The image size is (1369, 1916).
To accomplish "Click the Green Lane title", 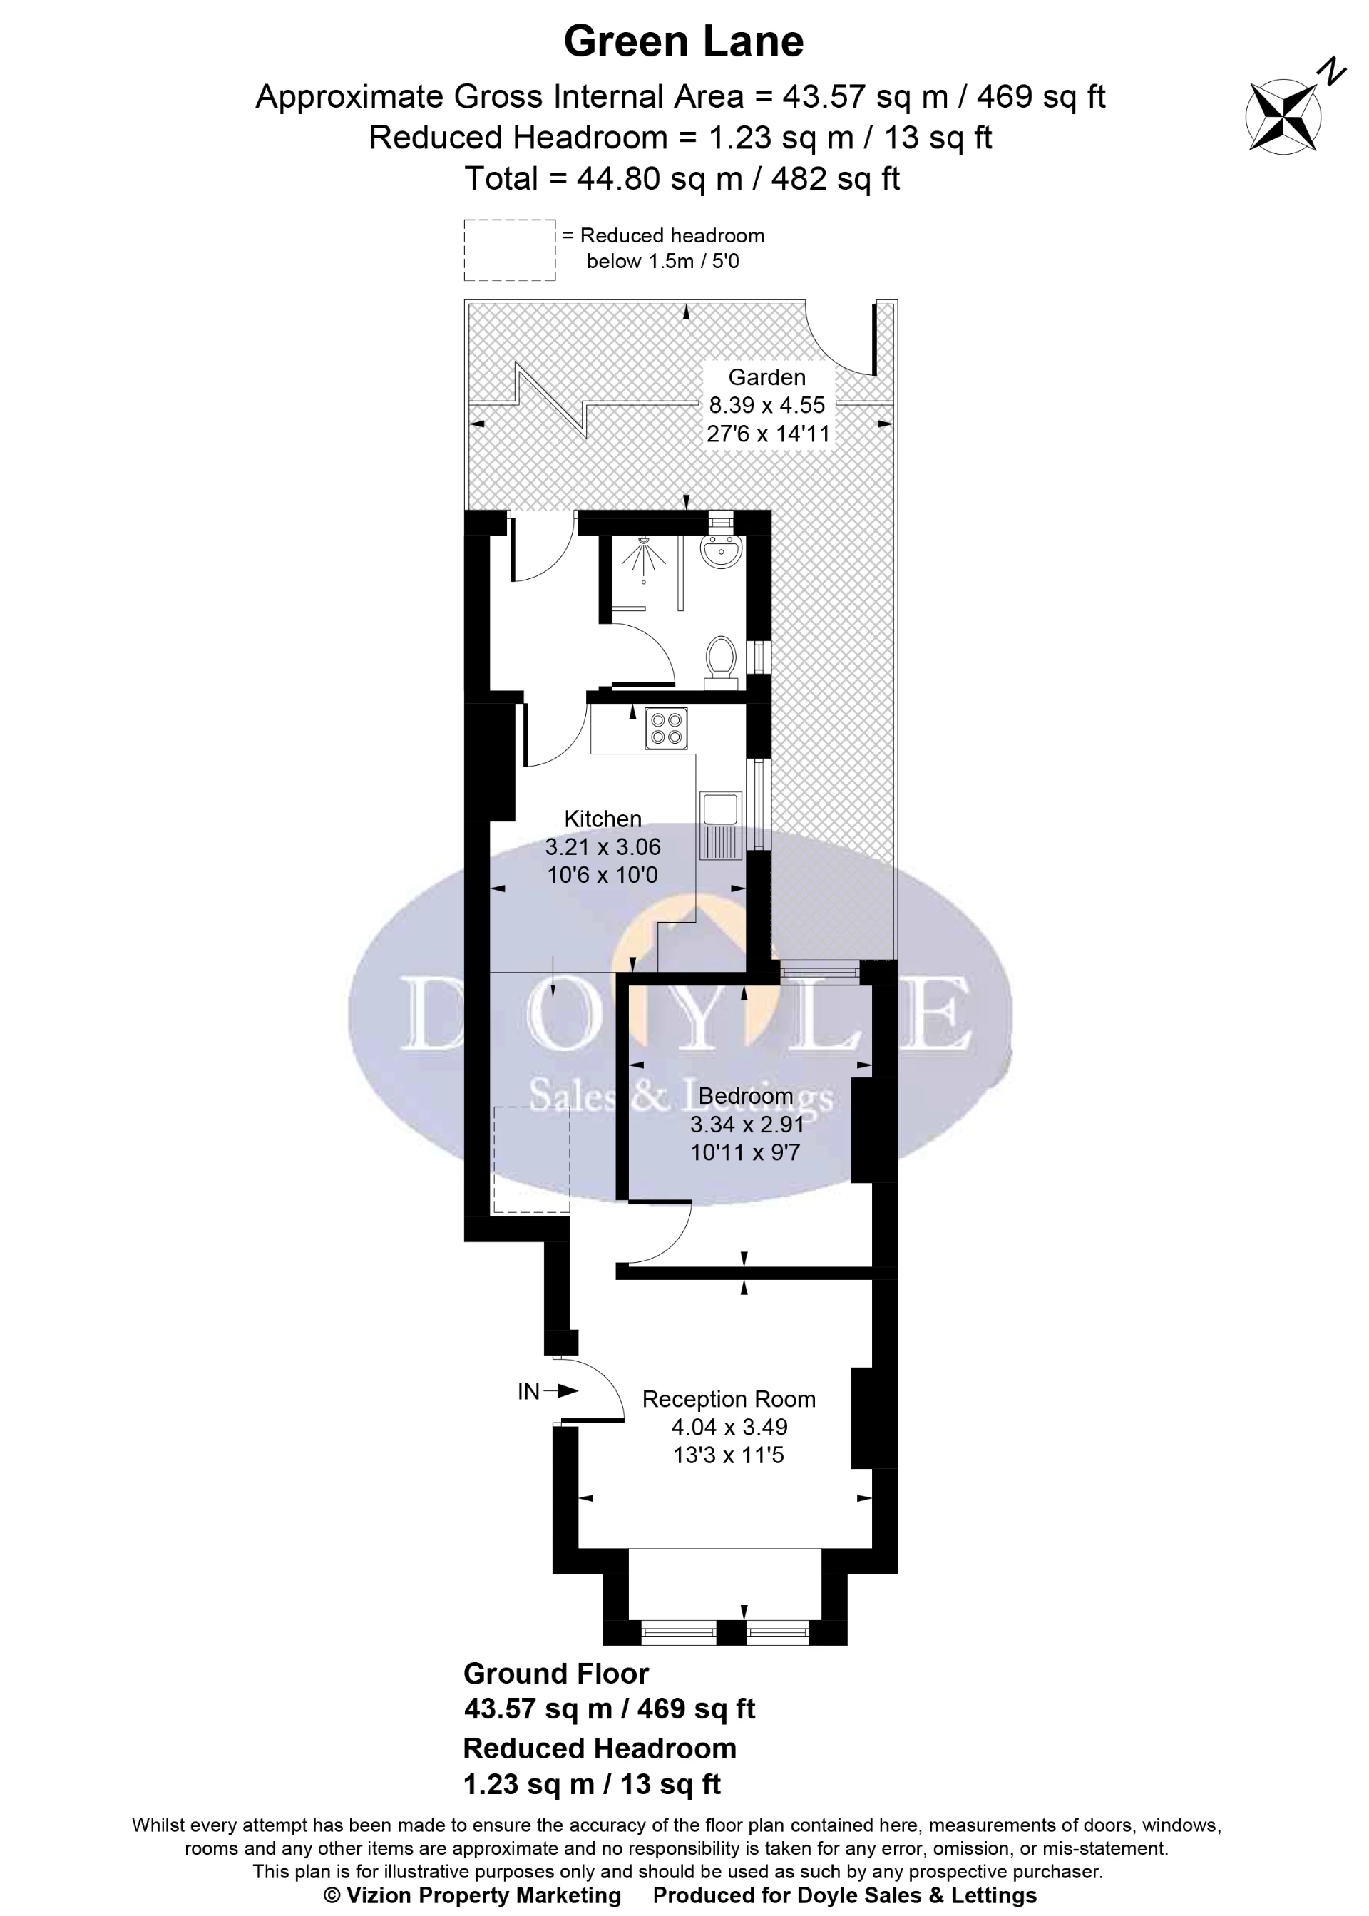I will pos(684,41).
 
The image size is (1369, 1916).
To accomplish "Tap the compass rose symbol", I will pos(1283,116).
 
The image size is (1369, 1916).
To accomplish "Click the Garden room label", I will pos(766,376).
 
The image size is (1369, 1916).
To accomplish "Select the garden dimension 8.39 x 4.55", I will pos(766,406).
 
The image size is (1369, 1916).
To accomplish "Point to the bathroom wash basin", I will pos(721,551).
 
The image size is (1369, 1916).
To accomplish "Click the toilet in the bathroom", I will pos(722,657).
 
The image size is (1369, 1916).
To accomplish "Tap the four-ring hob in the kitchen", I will pos(666,728).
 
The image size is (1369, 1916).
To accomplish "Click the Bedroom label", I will pos(746,1096).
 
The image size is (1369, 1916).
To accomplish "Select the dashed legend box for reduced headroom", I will pos(509,250).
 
